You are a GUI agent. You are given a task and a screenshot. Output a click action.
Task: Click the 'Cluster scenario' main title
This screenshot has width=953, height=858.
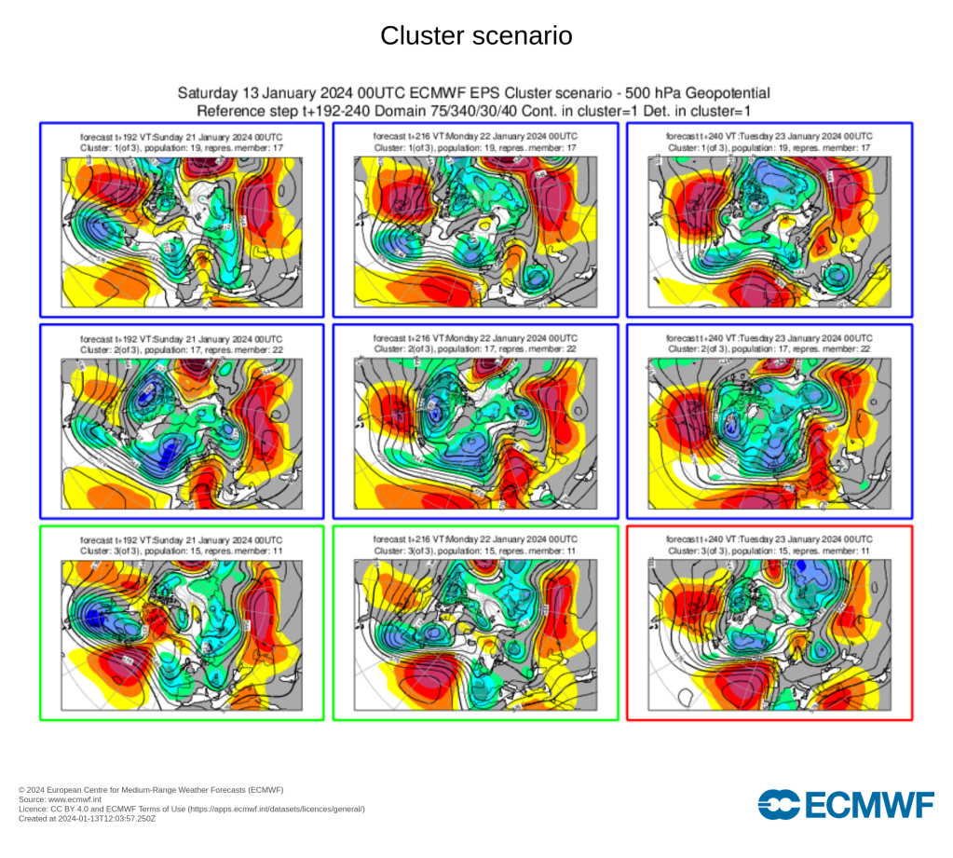[x=476, y=36]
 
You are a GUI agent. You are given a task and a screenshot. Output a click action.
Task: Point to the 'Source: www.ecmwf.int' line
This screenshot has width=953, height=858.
[x=57, y=799]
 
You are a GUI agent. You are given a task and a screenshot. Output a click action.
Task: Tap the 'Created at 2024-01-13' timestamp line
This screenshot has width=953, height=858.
[x=87, y=818]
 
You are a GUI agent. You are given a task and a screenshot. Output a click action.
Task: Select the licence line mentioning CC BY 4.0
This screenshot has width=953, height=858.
[x=191, y=809]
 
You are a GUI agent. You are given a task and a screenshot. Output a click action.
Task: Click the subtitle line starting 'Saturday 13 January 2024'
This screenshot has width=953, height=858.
[x=474, y=93]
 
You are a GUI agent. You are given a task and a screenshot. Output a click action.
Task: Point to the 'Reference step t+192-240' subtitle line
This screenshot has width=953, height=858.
[x=474, y=110]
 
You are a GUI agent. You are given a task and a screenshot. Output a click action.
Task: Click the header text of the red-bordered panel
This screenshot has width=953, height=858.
[x=769, y=545]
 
